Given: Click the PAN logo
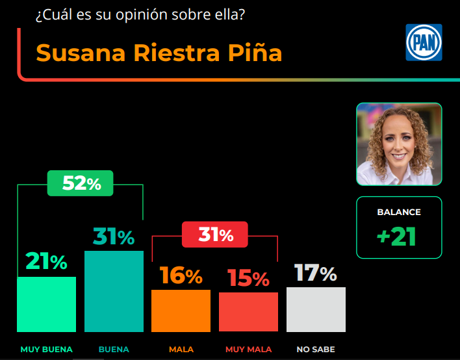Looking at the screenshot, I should tap(423, 42).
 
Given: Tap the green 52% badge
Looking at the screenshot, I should tap(81, 183).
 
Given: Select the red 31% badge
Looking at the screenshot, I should tap(214, 235).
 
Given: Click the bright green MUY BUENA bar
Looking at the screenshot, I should tap(46, 304).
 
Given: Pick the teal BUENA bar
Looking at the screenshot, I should tap(114, 290).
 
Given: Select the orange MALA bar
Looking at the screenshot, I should tap(181, 311).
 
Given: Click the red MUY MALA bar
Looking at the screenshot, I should tap(248, 312).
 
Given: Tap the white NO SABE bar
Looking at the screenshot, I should tap(316, 309).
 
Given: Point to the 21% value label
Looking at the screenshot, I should tap(46, 262).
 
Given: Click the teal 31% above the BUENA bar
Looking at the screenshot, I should tap(114, 237).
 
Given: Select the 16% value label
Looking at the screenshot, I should tap(181, 276).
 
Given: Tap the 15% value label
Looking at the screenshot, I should tap(248, 279).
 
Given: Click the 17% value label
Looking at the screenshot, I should tap(316, 273).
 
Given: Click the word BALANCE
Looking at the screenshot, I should tap(399, 212).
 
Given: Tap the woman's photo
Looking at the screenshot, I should tap(398, 144).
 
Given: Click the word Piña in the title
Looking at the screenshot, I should tap(255, 53).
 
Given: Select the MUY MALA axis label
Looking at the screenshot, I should tap(248, 350).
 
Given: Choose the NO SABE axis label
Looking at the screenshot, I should tap(316, 350).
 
